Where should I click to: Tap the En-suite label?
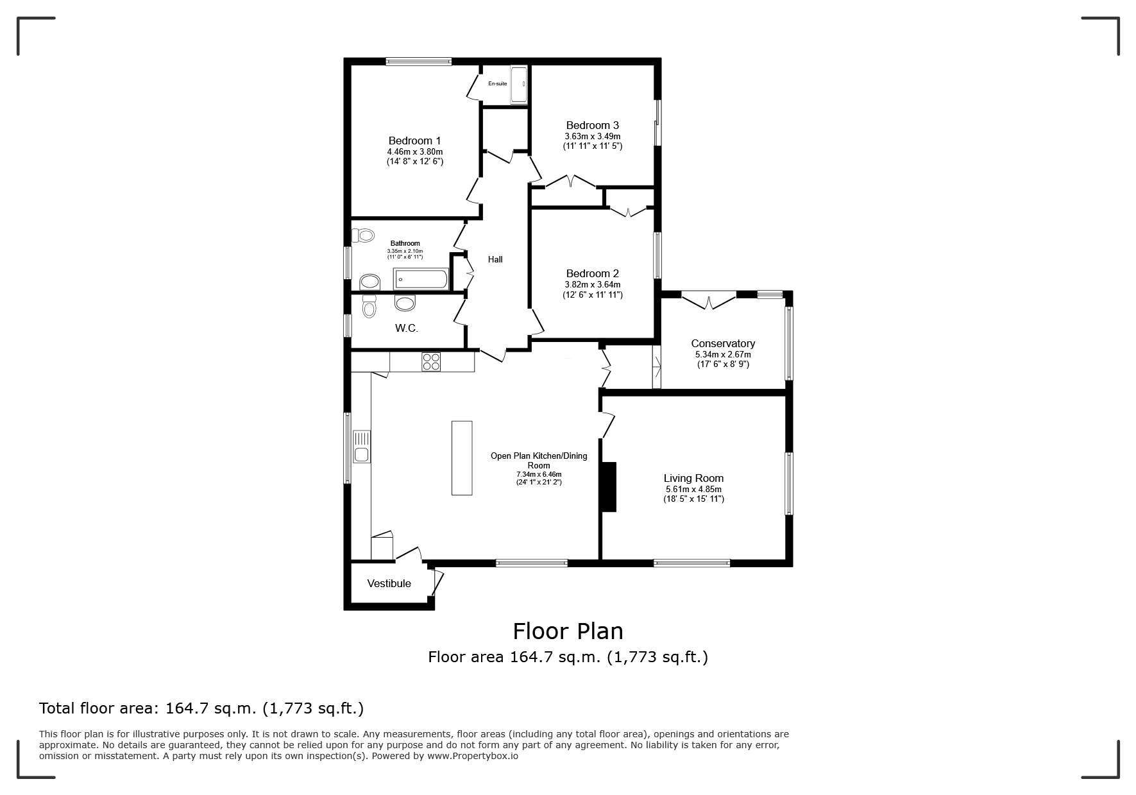point(498,83)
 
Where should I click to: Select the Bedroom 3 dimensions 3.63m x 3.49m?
point(592,136)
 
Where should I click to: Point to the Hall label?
point(495,259)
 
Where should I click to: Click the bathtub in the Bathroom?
point(421,278)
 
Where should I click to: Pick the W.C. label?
point(406,328)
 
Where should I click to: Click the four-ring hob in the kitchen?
point(431,362)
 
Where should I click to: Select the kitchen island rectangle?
point(462,457)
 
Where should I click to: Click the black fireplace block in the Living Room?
point(609,486)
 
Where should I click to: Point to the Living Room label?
point(693,478)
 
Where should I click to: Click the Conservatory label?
point(723,343)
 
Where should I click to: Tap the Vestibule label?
point(389,583)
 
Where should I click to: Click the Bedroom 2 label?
point(592,273)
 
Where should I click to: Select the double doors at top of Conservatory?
point(709,300)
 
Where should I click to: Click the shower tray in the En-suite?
point(519,84)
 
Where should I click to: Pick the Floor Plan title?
point(568,631)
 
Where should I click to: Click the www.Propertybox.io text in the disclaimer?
point(473,756)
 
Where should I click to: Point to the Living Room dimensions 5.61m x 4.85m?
point(693,489)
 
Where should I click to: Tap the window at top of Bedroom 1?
point(419,62)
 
